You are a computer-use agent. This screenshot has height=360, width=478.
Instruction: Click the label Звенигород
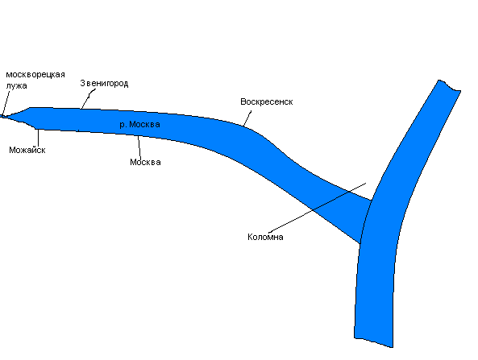click(x=104, y=84)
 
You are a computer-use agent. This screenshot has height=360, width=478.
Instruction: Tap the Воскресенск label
click(x=267, y=101)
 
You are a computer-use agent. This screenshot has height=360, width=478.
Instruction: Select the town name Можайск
click(x=27, y=150)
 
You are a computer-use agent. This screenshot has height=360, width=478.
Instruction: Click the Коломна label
click(x=265, y=237)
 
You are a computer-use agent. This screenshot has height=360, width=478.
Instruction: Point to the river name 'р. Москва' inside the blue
click(x=139, y=124)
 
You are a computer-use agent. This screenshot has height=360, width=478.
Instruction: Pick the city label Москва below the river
click(x=145, y=162)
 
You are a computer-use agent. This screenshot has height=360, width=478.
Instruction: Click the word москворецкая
click(x=35, y=75)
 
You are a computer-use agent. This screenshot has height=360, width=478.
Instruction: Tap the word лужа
click(x=16, y=86)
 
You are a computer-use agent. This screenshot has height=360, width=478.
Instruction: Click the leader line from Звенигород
click(x=88, y=99)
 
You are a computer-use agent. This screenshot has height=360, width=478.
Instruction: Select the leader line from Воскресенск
click(x=247, y=118)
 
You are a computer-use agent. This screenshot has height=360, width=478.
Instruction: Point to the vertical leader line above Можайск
click(x=39, y=138)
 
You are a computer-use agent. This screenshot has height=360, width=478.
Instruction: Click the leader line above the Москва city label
click(x=139, y=147)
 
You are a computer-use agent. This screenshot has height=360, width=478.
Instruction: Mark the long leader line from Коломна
click(x=318, y=208)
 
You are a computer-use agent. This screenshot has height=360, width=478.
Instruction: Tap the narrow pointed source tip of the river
click(x=2, y=116)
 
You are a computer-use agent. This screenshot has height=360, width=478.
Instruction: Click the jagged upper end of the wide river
click(x=449, y=85)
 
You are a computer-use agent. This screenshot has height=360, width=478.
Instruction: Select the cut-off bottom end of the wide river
click(x=373, y=342)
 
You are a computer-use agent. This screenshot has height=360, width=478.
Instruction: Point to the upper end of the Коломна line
click(x=366, y=183)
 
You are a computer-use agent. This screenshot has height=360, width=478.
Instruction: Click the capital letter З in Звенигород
click(x=82, y=83)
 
